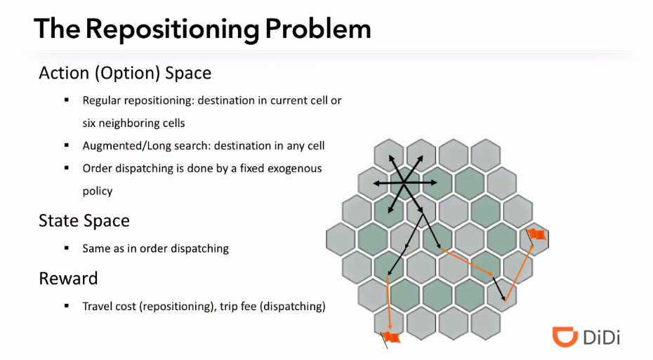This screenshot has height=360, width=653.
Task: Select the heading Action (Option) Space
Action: (125, 73)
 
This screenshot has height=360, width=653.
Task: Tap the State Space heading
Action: (84, 220)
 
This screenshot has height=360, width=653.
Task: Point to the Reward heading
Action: (68, 278)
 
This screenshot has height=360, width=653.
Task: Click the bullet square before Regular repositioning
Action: (66, 100)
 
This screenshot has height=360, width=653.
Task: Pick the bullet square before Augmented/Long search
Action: (66, 146)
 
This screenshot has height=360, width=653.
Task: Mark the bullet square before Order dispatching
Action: (66, 168)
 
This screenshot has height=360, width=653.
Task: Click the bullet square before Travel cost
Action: (66, 306)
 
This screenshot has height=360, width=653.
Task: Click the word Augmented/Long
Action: (124, 146)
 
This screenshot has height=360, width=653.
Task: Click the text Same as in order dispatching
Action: (155, 248)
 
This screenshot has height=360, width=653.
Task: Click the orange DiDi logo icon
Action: (565, 336)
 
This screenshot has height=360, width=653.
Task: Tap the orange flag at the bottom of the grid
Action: (391, 338)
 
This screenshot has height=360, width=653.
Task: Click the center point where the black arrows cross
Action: (404, 183)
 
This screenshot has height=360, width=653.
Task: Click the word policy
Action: (98, 191)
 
